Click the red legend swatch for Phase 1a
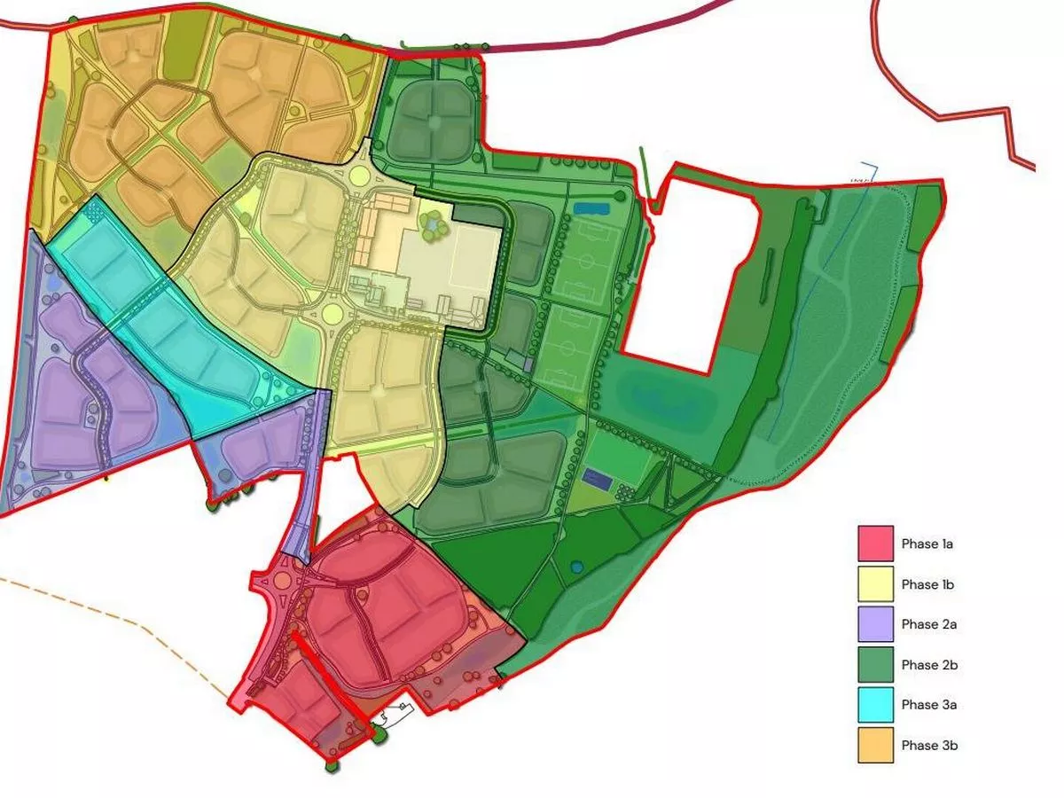[874, 544]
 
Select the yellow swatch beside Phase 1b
[874, 584]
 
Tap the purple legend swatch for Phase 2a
[874, 624]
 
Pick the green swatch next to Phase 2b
[874, 664]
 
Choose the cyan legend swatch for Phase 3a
[874, 705]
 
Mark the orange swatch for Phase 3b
[874, 745]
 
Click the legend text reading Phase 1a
[927, 544]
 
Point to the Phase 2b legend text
[929, 664]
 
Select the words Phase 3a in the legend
[929, 705]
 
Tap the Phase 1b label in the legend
[927, 584]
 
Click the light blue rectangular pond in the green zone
[587, 208]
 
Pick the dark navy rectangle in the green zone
[598, 481]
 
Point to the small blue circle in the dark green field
[577, 567]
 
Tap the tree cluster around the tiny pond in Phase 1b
[434, 228]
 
